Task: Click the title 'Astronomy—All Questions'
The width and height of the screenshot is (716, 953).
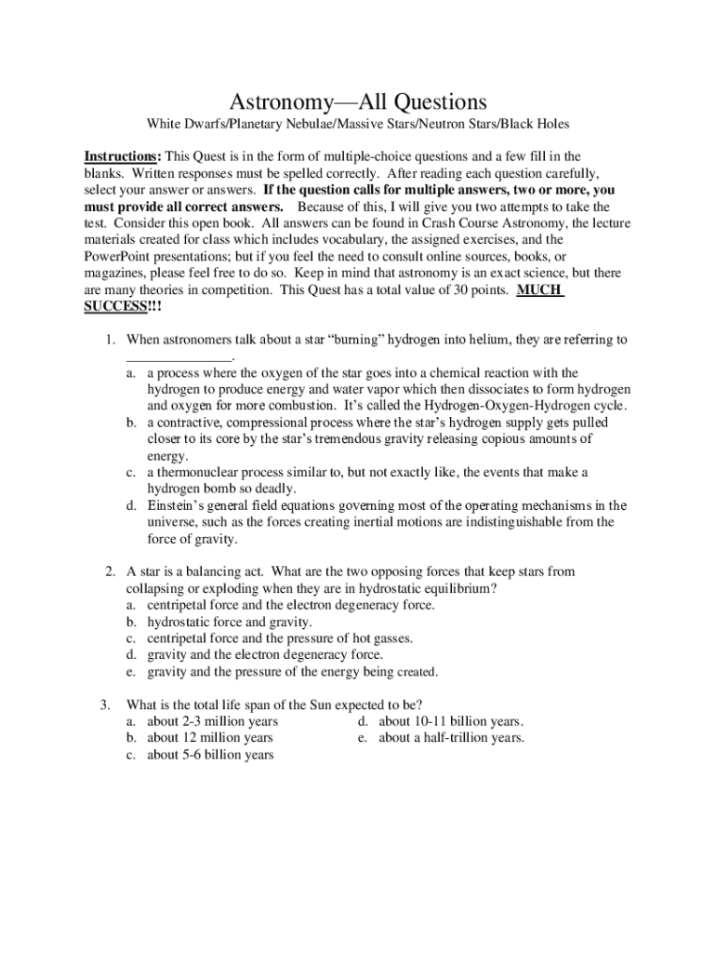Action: coord(358,101)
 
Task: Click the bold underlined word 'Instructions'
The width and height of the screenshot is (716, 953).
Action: coord(120,155)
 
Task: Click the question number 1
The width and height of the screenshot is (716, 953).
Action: coord(109,340)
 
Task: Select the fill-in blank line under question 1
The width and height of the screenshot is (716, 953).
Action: coord(178,357)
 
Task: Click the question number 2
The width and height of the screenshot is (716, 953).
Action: coord(109,570)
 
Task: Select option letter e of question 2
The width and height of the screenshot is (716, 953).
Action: coord(132,672)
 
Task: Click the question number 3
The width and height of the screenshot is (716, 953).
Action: coord(106,705)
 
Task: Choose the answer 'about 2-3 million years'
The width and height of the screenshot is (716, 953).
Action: coord(212,721)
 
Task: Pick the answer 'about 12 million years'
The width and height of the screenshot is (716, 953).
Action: coord(210,738)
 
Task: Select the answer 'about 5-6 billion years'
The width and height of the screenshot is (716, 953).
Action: coord(210,755)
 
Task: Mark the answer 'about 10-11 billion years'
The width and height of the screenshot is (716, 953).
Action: coord(451,721)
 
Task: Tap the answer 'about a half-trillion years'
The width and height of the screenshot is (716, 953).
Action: coord(451,738)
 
